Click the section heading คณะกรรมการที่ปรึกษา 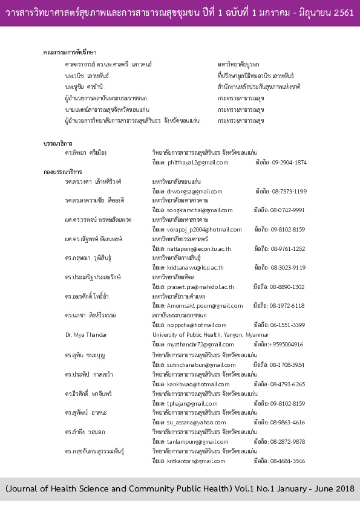click(x=71, y=53)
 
